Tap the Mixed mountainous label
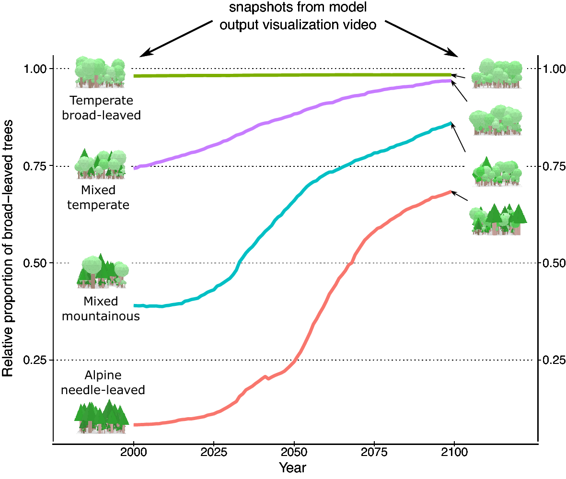tap(101, 309)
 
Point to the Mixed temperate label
tap(99, 198)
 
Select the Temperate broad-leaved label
tap(101, 108)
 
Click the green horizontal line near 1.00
tap(292, 75)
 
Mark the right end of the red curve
tap(450, 192)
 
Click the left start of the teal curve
tap(136, 305)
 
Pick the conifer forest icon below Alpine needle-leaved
tap(102, 417)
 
